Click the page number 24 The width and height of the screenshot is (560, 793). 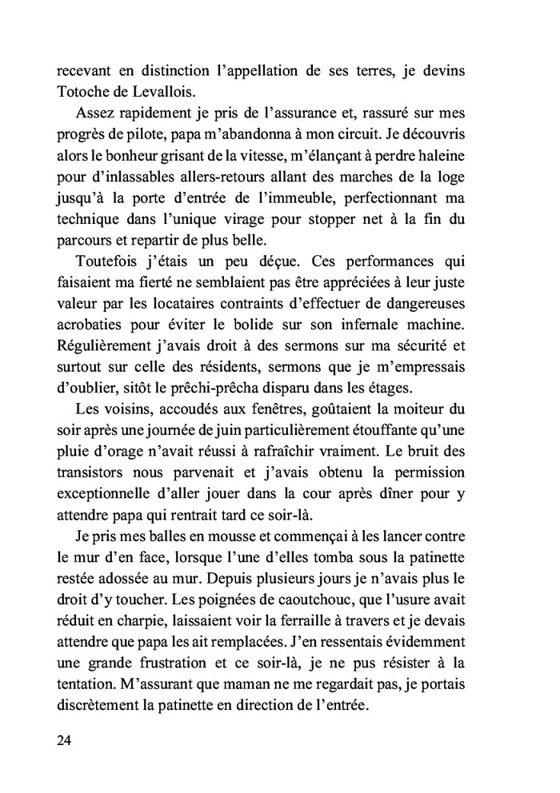65,739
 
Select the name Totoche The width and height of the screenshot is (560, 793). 86,93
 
